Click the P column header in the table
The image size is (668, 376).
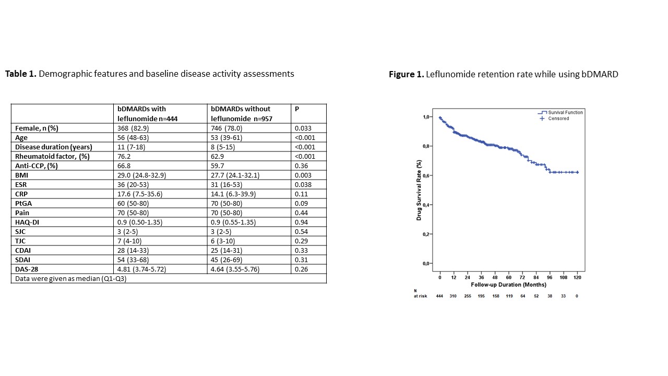(297, 109)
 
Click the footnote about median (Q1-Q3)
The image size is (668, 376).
(69, 278)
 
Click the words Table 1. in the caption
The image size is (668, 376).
(21, 74)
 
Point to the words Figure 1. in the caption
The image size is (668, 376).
(406, 74)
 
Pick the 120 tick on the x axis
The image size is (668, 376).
(577, 277)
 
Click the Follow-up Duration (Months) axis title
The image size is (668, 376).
(508, 285)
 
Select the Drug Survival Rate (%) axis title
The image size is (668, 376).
(419, 190)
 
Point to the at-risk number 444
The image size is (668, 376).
(439, 296)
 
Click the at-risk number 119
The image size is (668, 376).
(509, 296)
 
